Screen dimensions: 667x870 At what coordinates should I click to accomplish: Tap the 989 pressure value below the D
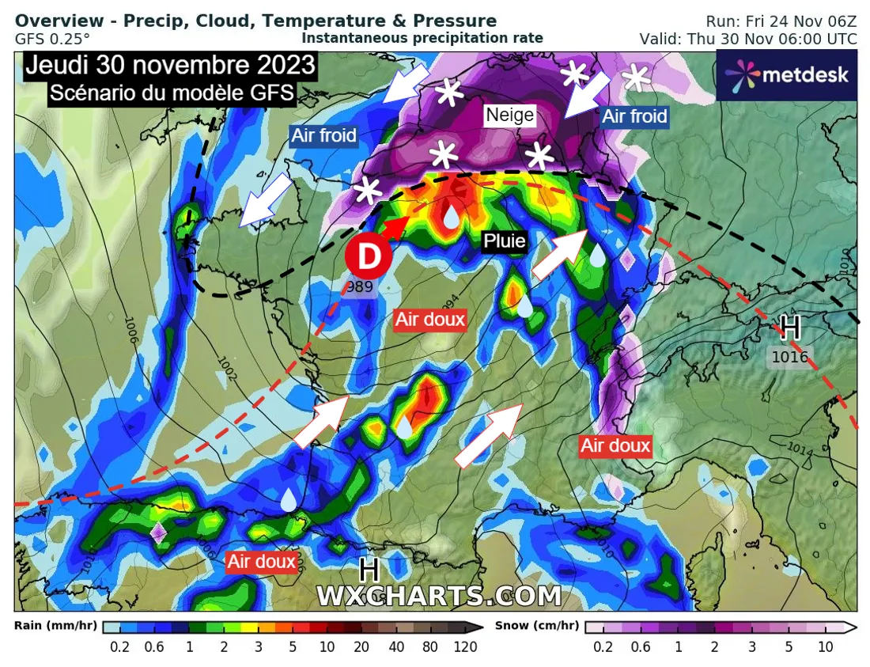pyautogui.click(x=359, y=287)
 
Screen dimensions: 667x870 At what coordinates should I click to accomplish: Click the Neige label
pyautogui.click(x=510, y=116)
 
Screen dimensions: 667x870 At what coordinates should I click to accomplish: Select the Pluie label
pyautogui.click(x=505, y=241)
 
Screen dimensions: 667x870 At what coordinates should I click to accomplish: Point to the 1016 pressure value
pyautogui.click(x=789, y=358)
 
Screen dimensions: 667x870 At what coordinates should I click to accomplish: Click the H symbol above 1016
pyautogui.click(x=790, y=328)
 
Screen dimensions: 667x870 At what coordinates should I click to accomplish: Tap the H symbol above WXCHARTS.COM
pyautogui.click(x=369, y=570)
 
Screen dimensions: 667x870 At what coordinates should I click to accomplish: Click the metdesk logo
pyautogui.click(x=786, y=75)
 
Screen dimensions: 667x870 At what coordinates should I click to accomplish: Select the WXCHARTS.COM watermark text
pyautogui.click(x=439, y=596)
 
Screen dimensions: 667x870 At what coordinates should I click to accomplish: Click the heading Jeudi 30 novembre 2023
pyautogui.click(x=170, y=65)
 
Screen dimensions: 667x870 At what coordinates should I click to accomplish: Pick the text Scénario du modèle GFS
pyautogui.click(x=172, y=93)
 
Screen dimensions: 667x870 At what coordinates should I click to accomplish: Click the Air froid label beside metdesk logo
pyautogui.click(x=635, y=116)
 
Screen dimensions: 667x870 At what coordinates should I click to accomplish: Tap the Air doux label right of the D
pyautogui.click(x=430, y=320)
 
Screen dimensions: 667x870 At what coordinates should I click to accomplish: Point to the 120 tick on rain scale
pyautogui.click(x=465, y=646)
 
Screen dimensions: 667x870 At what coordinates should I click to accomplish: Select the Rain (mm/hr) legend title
pyautogui.click(x=55, y=626)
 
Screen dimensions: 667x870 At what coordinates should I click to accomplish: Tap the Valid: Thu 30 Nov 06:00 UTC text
pyautogui.click(x=747, y=39)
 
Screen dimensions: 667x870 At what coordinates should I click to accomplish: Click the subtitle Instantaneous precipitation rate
pyautogui.click(x=422, y=37)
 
